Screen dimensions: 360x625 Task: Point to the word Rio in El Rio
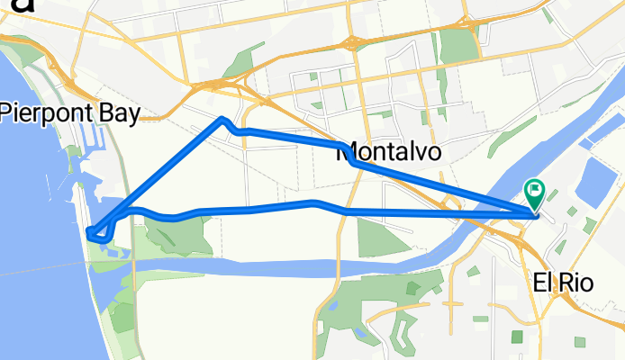click(577, 282)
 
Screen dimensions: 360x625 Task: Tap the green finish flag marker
click(533, 191)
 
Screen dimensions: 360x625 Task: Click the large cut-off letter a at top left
click(16, 4)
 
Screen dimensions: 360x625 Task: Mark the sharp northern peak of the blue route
click(222, 119)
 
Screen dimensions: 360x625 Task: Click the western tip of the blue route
click(90, 234)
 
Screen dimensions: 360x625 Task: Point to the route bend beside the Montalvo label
click(353, 162)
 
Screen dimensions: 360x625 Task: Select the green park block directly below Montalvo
click(377, 237)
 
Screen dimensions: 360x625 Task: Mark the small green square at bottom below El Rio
click(517, 337)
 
